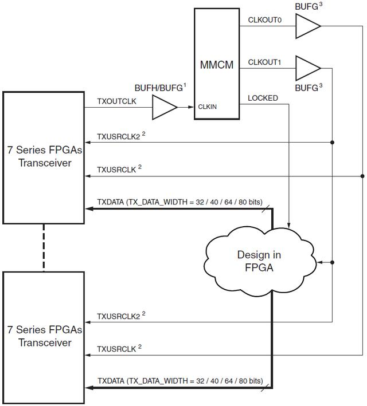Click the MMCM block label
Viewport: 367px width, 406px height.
click(x=216, y=65)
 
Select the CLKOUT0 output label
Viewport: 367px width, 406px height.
click(x=264, y=20)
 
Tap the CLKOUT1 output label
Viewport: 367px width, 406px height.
click(x=264, y=62)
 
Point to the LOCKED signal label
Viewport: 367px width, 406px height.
click(x=263, y=98)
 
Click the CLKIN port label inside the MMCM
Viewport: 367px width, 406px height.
click(x=208, y=107)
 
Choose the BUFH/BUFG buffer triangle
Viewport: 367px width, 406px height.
click(x=163, y=107)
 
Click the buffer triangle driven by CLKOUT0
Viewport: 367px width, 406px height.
click(x=307, y=26)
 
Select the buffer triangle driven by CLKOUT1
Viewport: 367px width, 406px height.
click(x=307, y=68)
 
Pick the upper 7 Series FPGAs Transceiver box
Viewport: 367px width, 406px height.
click(x=44, y=157)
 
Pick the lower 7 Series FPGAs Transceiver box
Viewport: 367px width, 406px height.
click(x=44, y=336)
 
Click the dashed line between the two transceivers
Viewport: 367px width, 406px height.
click(x=44, y=247)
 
